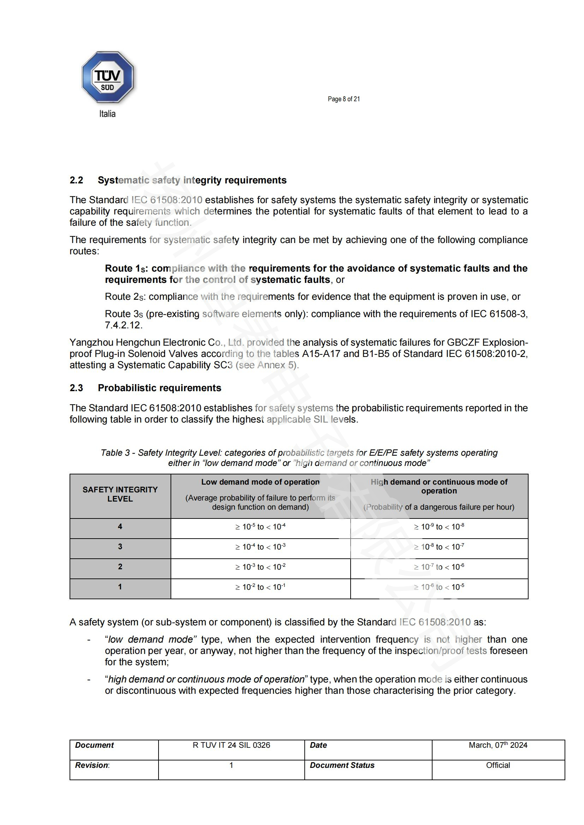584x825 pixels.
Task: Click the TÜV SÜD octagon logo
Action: [x=108, y=77]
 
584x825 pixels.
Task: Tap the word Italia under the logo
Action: [x=107, y=114]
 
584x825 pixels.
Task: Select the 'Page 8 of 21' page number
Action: [x=344, y=99]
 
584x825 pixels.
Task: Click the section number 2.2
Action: [x=76, y=180]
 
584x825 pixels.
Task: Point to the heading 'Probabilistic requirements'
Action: [x=159, y=388]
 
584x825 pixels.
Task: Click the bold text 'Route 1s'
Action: [x=126, y=268]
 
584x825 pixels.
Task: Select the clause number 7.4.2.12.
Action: [x=123, y=325]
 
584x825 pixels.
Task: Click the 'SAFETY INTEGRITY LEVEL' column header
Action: [x=120, y=494]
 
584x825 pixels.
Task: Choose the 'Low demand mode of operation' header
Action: [x=260, y=482]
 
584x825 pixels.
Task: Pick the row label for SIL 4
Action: [x=120, y=526]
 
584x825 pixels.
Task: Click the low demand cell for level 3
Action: [x=260, y=547]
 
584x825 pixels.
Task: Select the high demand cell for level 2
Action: [x=439, y=567]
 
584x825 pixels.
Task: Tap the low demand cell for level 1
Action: [x=260, y=587]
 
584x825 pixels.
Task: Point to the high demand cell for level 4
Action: [x=439, y=527]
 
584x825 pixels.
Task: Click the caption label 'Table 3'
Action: [x=115, y=453]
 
